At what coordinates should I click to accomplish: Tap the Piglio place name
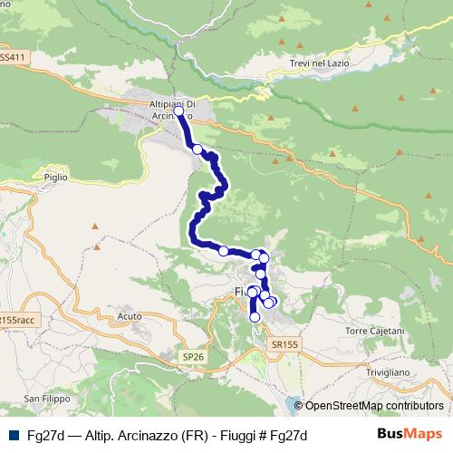(x=55, y=178)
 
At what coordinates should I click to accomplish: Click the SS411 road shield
(x=11, y=57)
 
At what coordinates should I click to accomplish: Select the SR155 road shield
(x=284, y=344)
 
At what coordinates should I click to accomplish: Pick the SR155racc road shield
(x=16, y=320)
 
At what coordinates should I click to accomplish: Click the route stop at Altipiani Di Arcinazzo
(x=178, y=111)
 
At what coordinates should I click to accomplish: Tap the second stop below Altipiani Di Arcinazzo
(x=197, y=149)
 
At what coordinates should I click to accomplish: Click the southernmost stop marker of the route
(x=255, y=317)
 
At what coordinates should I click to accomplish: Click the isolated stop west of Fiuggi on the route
(x=223, y=251)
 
